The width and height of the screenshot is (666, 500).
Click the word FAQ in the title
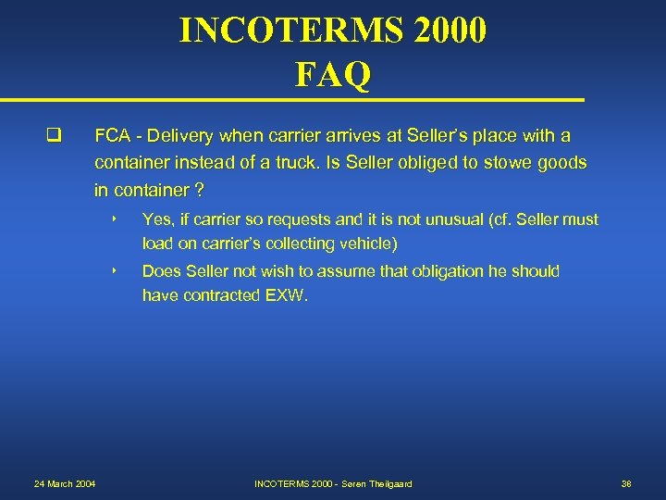(x=333, y=74)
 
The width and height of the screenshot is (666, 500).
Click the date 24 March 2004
(x=64, y=484)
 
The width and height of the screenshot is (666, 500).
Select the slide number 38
(x=626, y=484)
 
